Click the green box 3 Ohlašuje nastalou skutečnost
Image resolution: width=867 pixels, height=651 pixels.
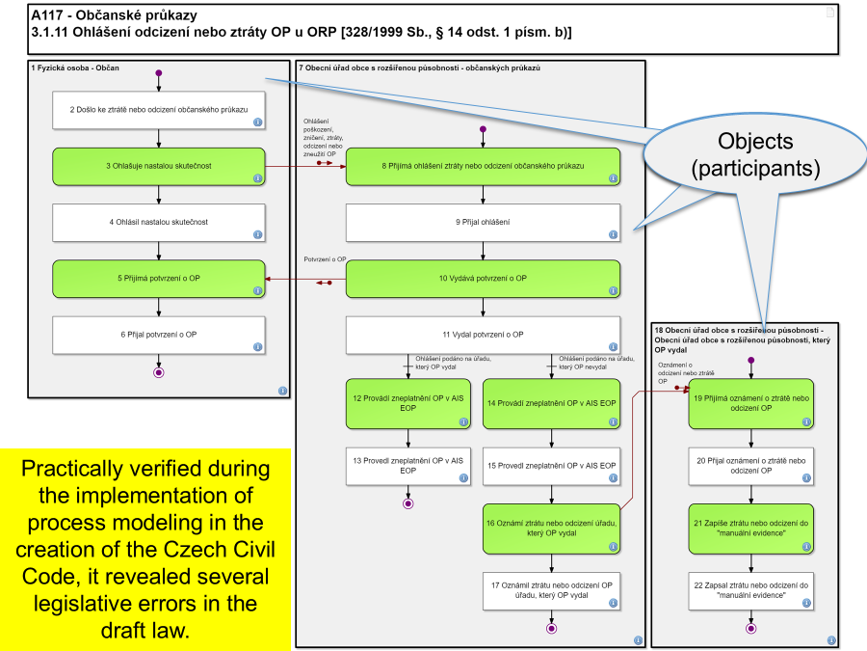pos(158,166)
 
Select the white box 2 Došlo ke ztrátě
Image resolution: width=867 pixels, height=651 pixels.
pos(158,111)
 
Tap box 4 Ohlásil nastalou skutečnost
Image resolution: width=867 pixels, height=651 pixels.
pos(158,222)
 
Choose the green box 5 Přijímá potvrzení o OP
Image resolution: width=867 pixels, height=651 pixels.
pos(158,279)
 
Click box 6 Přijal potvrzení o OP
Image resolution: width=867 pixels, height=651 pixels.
pos(158,335)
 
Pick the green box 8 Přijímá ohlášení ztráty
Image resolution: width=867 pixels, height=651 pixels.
pos(482,166)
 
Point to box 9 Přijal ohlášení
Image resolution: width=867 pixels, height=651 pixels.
pos(482,222)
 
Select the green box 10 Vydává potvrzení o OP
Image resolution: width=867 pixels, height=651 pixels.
pos(482,279)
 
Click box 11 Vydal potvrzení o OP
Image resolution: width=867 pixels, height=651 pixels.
pos(482,335)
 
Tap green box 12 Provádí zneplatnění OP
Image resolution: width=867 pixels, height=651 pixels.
pos(408,403)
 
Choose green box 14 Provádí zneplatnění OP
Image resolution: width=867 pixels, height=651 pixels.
pos(551,403)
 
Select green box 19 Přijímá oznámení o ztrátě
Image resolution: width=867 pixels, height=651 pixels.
pos(749,403)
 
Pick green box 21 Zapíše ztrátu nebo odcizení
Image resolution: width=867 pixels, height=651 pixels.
pos(749,527)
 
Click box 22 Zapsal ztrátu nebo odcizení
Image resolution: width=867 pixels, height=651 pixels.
pos(749,589)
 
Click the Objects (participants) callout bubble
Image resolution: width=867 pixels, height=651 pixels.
pos(754,154)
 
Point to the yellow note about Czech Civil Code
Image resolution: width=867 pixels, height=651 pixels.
pos(144,550)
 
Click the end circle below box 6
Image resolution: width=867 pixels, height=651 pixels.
pos(158,371)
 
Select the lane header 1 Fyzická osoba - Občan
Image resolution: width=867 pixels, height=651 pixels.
pos(82,69)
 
